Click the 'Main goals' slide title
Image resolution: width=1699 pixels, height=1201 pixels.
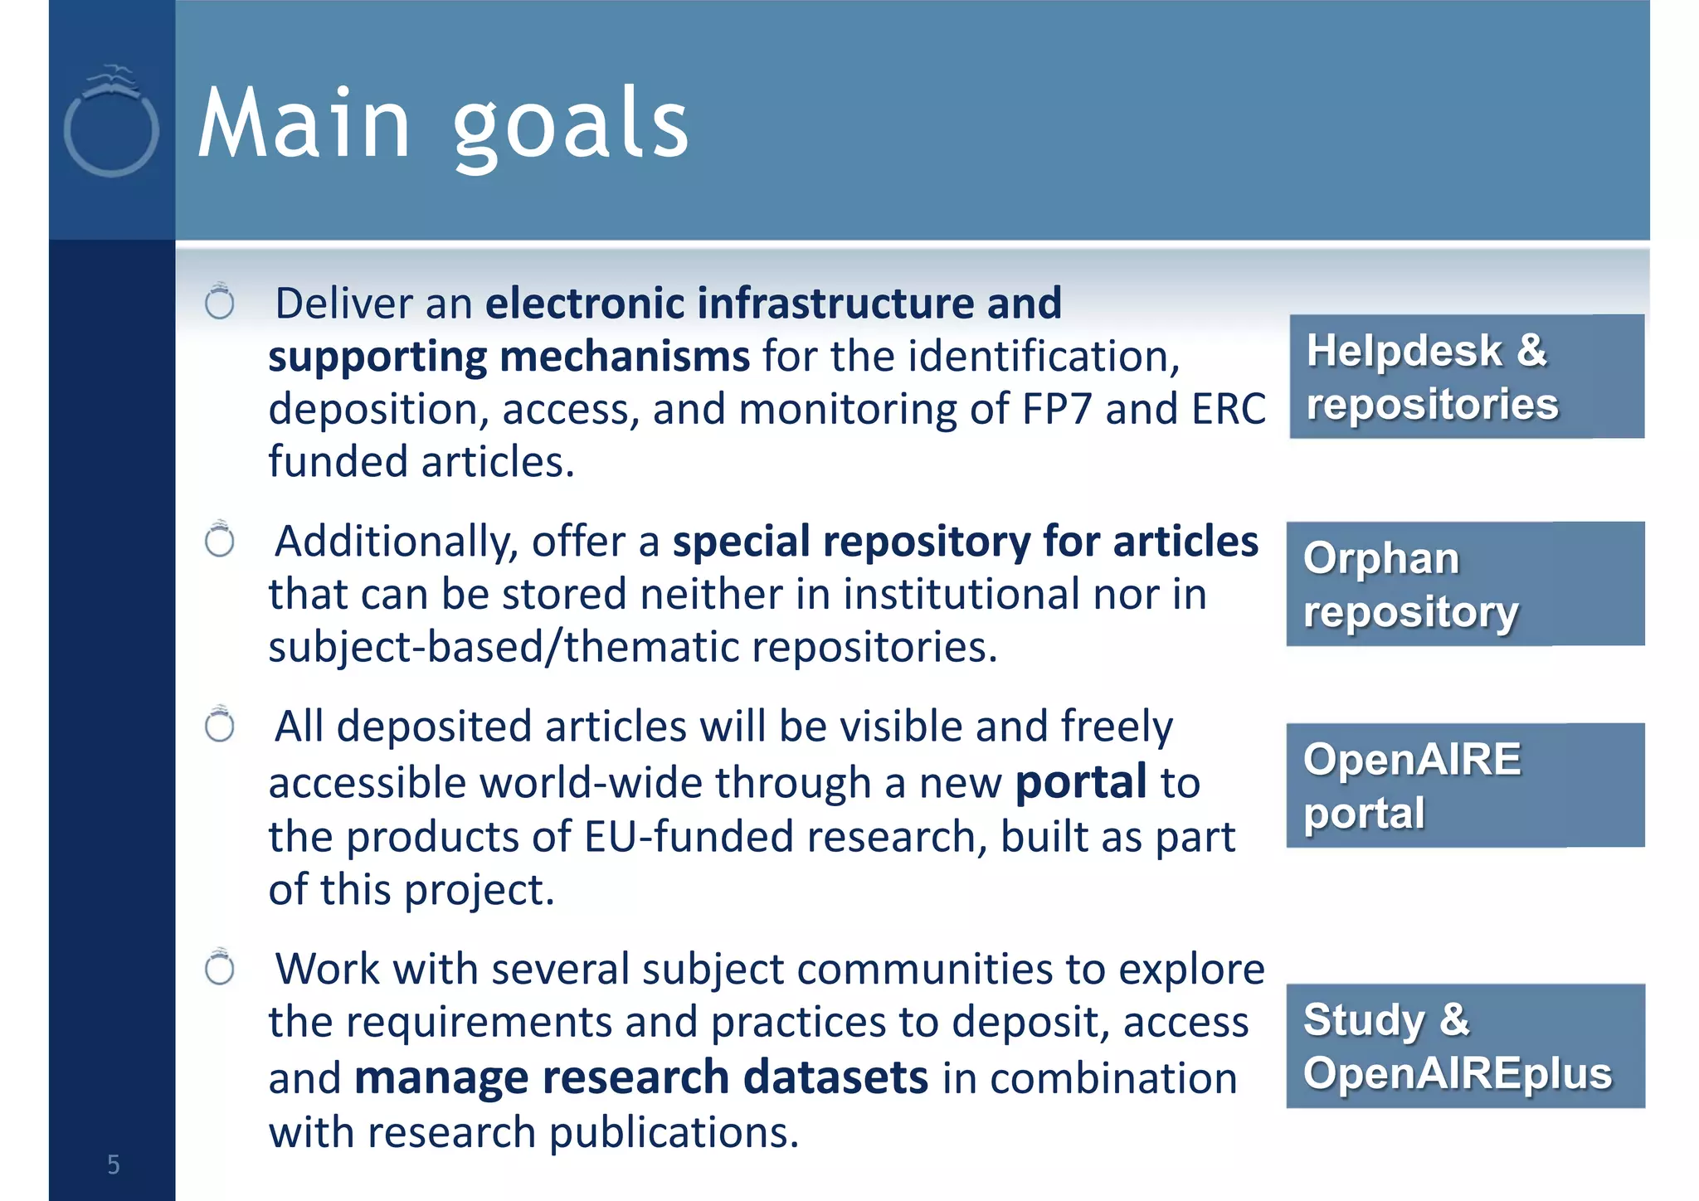pyautogui.click(x=444, y=124)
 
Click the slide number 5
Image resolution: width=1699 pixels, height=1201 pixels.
pyautogui.click(x=114, y=1165)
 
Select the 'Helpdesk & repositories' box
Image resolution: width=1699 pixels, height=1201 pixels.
pyautogui.click(x=1466, y=377)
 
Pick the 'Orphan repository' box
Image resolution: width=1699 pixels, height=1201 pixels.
pyautogui.click(x=1465, y=584)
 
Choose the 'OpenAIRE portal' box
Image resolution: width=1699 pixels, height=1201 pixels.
pyautogui.click(x=1465, y=785)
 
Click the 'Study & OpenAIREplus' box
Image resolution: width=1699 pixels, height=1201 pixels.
pyautogui.click(x=1465, y=1046)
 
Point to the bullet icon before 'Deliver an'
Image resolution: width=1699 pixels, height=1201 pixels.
pyautogui.click(x=220, y=302)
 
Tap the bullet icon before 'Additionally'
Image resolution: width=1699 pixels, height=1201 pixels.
pyautogui.click(x=220, y=540)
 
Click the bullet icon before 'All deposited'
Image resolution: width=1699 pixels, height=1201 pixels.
pyautogui.click(x=220, y=725)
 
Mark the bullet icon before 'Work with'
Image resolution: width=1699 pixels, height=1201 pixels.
pyautogui.click(x=220, y=967)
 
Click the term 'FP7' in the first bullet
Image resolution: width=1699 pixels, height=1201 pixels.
pyautogui.click(x=1056, y=410)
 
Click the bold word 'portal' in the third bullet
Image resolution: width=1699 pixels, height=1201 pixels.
pyautogui.click(x=1081, y=783)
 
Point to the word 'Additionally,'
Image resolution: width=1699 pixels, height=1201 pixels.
pyautogui.click(x=397, y=542)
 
